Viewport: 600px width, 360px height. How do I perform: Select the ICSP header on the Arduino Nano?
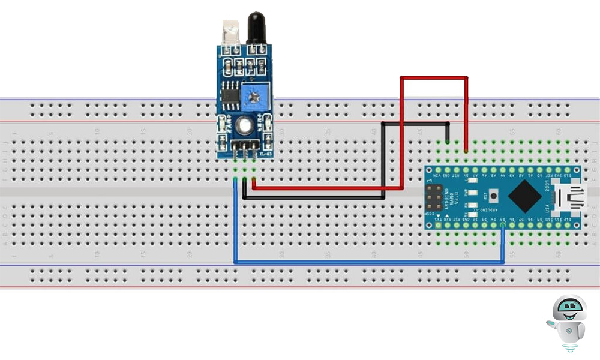point(434,197)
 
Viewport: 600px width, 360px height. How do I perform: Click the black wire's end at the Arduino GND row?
point(448,142)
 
